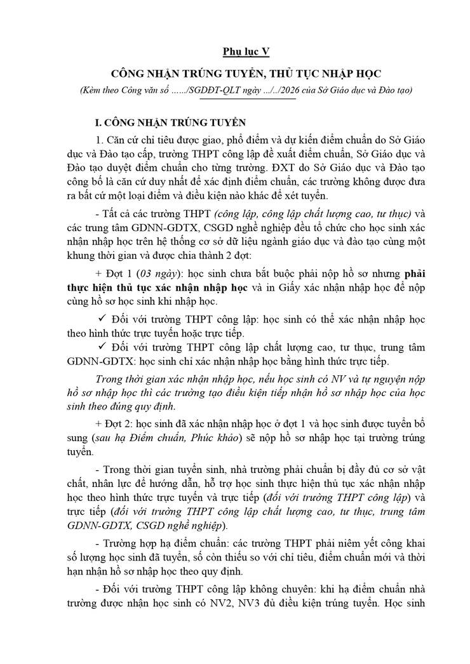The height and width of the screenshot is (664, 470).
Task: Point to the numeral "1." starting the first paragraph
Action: coord(98,140)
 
